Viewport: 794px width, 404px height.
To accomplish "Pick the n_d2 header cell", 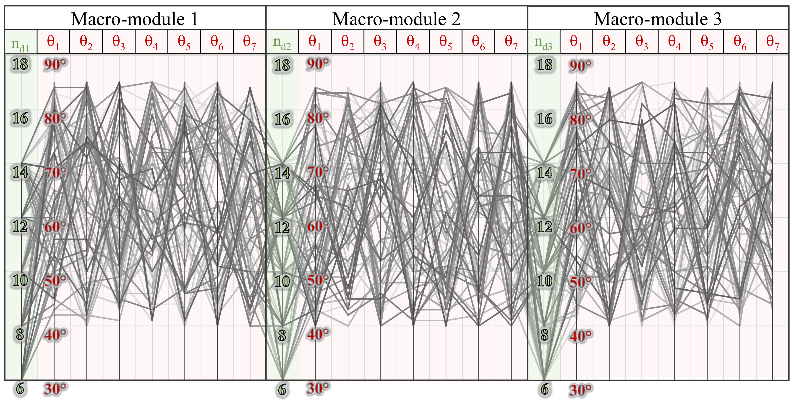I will tap(282, 42).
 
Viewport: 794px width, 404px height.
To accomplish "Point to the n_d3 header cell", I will tap(543, 42).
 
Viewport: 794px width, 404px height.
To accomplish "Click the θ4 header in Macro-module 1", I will tap(151, 42).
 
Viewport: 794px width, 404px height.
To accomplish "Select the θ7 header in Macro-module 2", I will tap(511, 42).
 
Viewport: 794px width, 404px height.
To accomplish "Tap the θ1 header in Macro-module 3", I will tap(576, 42).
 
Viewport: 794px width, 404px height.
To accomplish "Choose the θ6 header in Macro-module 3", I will tap(739, 42).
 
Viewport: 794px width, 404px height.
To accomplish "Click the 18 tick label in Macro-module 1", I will tap(20, 64).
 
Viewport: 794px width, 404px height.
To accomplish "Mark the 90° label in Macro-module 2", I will tap(317, 64).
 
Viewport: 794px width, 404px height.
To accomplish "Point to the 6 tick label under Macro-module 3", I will tap(545, 389).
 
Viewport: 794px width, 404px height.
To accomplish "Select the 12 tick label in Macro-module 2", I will tap(282, 228).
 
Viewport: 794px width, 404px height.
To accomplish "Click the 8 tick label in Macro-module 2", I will tap(282, 336).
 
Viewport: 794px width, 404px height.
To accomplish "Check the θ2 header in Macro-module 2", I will tap(347, 42).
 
